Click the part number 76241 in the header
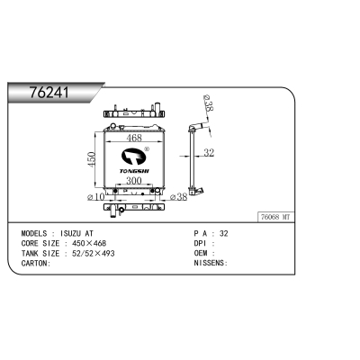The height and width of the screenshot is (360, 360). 49,93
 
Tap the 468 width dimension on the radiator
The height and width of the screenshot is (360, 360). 134,138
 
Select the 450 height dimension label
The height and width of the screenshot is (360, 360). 93,159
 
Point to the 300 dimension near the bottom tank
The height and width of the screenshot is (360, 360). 134,181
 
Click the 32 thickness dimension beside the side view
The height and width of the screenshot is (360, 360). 209,153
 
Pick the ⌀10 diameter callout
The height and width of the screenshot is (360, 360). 95,197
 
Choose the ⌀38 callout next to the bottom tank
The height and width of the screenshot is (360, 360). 178,197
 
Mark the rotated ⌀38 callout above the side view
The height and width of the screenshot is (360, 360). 208,103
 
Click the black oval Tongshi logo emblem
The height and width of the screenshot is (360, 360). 133,156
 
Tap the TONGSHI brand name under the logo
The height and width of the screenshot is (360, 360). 134,171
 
